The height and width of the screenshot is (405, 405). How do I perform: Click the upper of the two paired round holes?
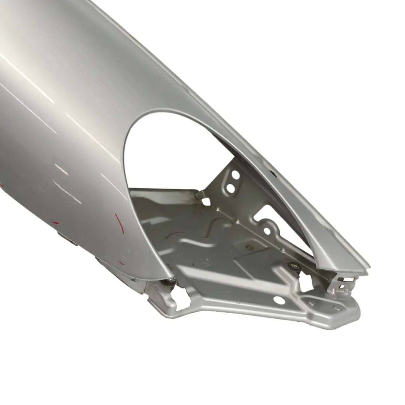235,175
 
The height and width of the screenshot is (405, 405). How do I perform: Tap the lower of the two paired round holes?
231,188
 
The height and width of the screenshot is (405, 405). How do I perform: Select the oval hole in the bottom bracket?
279,300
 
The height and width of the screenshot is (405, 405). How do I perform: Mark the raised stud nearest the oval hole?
311,302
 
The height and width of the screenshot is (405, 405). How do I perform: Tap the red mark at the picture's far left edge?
1,185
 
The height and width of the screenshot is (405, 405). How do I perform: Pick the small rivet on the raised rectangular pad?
248,247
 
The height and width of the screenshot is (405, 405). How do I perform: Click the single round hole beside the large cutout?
267,231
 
